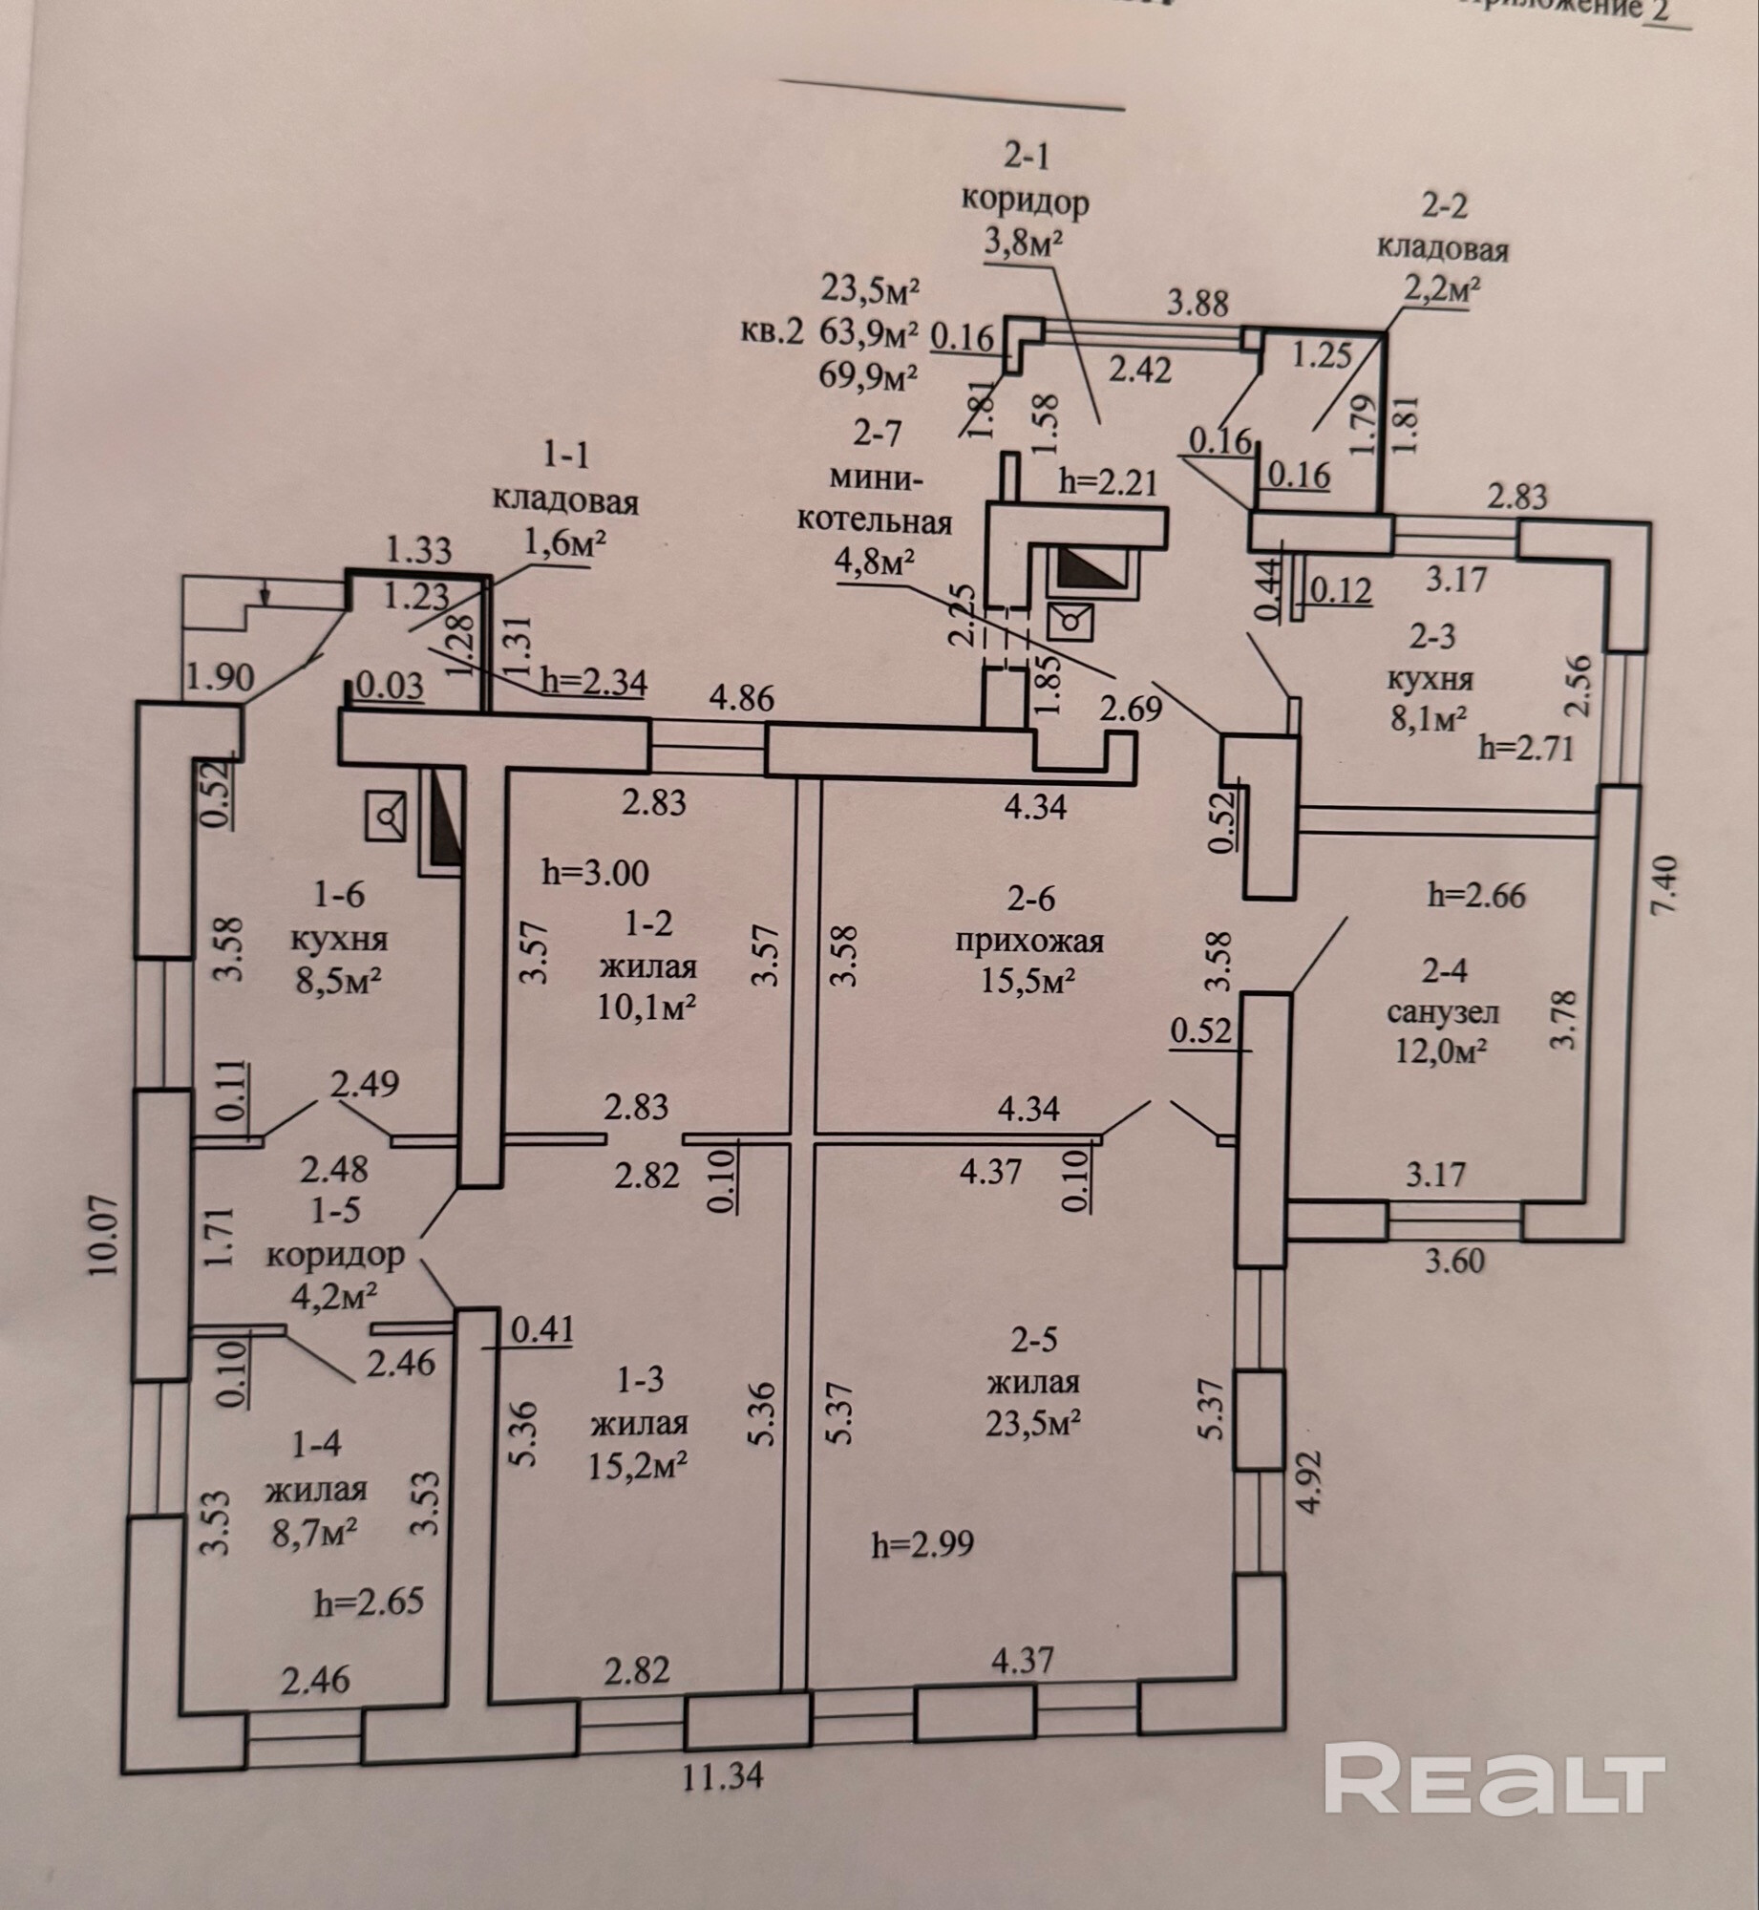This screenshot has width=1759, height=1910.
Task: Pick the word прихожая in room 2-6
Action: (x=1029, y=942)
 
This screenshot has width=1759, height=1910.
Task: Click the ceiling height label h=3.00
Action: (x=595, y=872)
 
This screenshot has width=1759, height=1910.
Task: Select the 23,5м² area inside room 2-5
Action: (x=1033, y=1423)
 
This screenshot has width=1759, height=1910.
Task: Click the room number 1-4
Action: (x=316, y=1444)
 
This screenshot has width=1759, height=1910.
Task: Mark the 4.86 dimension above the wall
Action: (x=741, y=698)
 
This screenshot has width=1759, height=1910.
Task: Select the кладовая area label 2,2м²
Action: (x=1441, y=290)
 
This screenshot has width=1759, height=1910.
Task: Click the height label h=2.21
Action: (x=1108, y=481)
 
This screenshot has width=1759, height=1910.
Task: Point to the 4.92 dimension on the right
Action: (x=1310, y=1481)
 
